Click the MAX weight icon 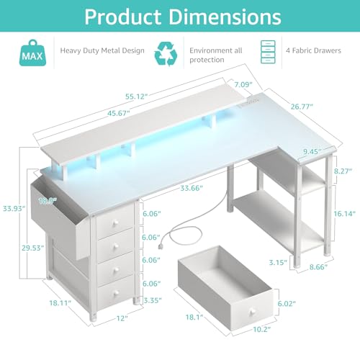[x=32, y=53]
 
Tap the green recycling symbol [x=166, y=54]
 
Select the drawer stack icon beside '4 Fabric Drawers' [x=268, y=52]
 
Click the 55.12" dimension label [x=136, y=96]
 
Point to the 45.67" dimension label [x=119, y=113]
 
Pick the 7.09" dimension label [x=243, y=84]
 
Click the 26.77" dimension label [x=302, y=107]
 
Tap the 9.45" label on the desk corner [x=312, y=151]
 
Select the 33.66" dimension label [x=192, y=188]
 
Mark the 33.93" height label [x=14, y=208]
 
